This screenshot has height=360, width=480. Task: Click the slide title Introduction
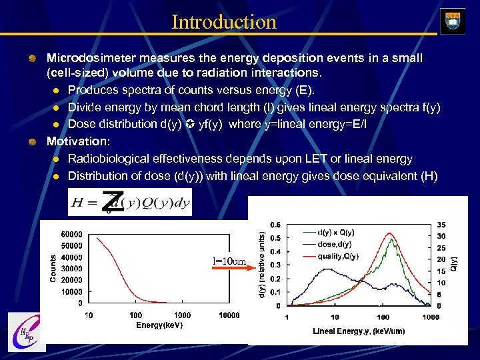[224, 21]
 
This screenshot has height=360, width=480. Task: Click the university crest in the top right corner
[453, 21]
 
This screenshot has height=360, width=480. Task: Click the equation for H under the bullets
[129, 203]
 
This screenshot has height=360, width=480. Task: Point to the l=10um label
[229, 261]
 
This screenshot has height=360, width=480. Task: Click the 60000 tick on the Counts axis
[71, 234]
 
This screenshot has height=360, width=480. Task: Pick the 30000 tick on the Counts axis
[71, 269]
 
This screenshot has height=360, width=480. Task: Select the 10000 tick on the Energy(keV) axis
[229, 315]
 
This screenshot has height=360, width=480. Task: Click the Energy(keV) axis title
[159, 325]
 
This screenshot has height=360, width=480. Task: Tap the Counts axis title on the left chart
[53, 268]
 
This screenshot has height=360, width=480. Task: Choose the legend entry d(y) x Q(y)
[337, 232]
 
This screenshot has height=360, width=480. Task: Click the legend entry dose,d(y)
[333, 244]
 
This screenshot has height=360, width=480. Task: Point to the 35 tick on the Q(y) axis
[441, 225]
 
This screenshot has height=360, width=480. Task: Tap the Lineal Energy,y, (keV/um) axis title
[359, 331]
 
